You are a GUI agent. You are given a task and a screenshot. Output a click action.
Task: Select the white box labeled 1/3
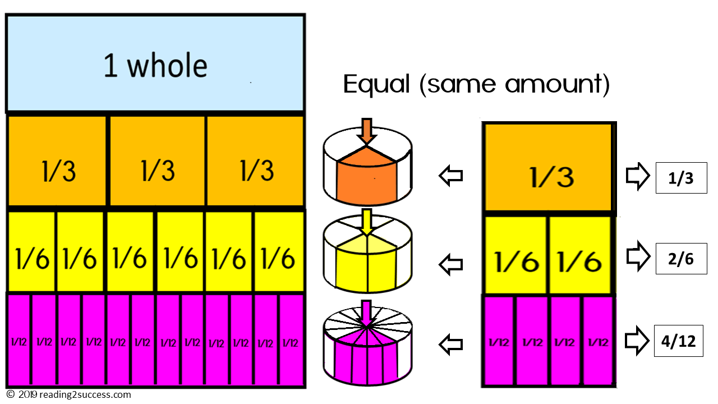pyautogui.click(x=681, y=177)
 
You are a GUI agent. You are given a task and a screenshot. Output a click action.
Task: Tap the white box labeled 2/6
pyautogui.click(x=681, y=259)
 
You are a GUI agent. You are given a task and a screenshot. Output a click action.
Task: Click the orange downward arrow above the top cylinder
pyautogui.click(x=367, y=131)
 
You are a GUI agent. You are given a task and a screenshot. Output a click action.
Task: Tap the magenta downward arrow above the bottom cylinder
pyautogui.click(x=367, y=312)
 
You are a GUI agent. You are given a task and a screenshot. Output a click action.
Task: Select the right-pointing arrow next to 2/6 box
pyautogui.click(x=637, y=257)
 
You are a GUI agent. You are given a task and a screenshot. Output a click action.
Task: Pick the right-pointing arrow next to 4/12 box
pyautogui.click(x=637, y=341)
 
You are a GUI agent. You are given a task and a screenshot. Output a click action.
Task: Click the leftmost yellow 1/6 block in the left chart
pyautogui.click(x=31, y=251)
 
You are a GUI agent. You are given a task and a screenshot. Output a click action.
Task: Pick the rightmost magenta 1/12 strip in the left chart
pyautogui.click(x=291, y=341)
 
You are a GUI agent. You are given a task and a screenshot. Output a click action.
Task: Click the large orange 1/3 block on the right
pyautogui.click(x=548, y=168)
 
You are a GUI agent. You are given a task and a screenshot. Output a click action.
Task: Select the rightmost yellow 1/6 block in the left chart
pyautogui.click(x=279, y=251)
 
